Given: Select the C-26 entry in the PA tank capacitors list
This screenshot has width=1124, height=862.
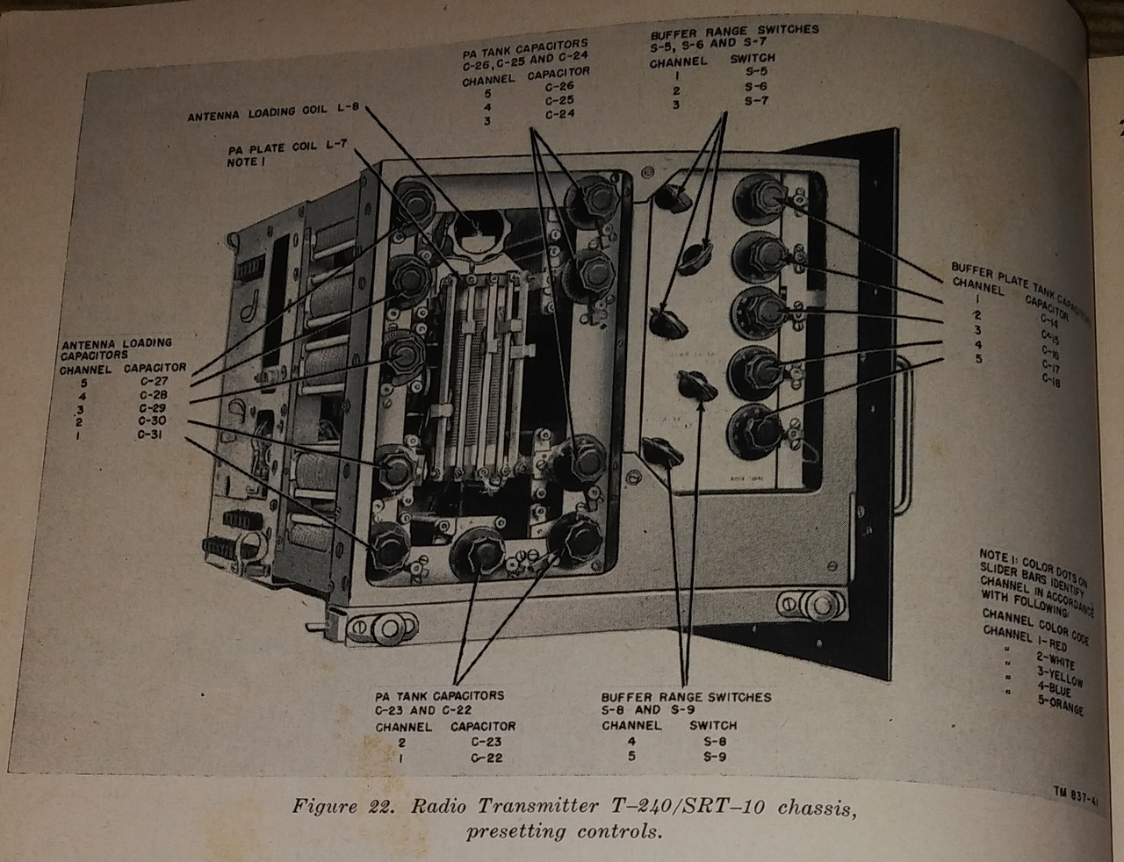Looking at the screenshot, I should click(x=559, y=86).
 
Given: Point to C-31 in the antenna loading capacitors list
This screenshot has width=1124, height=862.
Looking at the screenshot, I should click(x=151, y=435).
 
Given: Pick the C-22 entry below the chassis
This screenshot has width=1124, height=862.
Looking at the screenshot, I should click(x=486, y=758).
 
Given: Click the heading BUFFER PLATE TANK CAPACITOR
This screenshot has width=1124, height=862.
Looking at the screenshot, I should click(x=1019, y=279).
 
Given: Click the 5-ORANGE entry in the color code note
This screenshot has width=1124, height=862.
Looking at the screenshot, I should click(x=1059, y=705).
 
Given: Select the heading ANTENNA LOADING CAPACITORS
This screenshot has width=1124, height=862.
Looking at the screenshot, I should click(x=116, y=348).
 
